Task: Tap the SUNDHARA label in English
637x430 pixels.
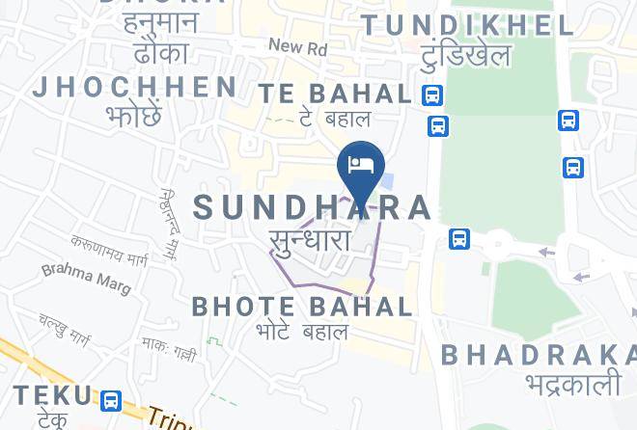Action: coord(314,207)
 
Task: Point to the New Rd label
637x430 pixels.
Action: coord(297,46)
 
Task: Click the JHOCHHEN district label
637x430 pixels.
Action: coord(135,87)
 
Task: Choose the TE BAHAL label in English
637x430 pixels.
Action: coord(335,94)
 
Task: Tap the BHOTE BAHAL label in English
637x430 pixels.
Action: coord(302,307)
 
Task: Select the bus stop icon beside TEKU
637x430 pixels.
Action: coord(111,399)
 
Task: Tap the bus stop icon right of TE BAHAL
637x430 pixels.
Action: coord(432,94)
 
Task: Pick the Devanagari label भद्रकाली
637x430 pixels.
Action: coord(572,383)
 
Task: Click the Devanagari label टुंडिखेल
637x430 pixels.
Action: coord(465,55)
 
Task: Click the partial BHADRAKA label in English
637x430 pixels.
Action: coord(538,354)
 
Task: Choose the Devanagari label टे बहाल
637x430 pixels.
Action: coord(334,119)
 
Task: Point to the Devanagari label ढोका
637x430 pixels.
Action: coord(162,50)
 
